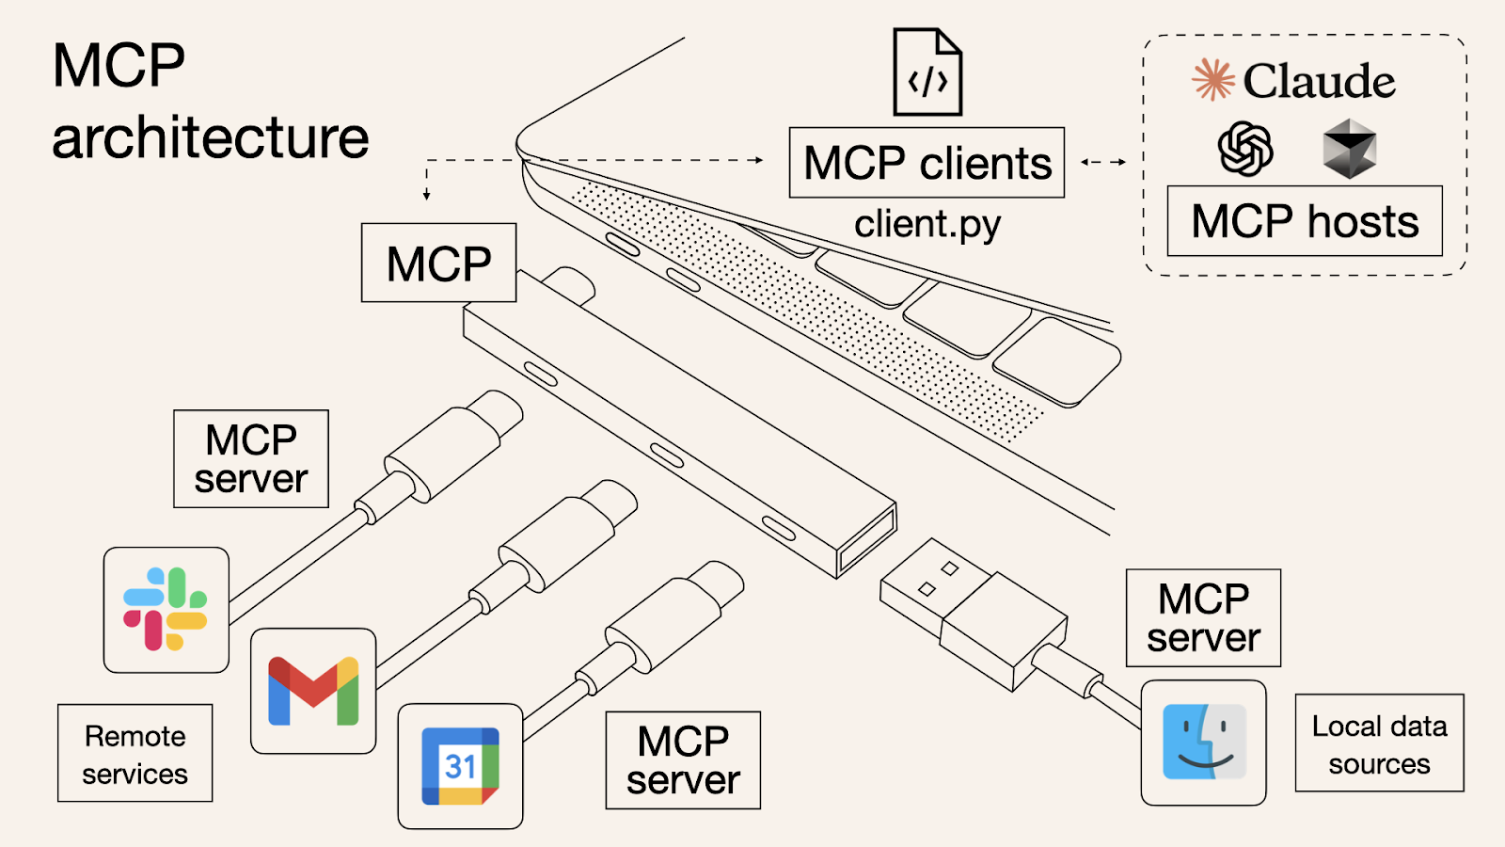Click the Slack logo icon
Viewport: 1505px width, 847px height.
pyautogui.click(x=166, y=610)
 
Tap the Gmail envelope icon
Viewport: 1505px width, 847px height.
pyautogui.click(x=313, y=692)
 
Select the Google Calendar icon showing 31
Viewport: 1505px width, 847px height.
pyautogui.click(x=460, y=766)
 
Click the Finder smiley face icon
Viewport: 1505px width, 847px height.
pyautogui.click(x=1204, y=743)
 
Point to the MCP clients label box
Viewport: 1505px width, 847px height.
pyautogui.click(x=927, y=163)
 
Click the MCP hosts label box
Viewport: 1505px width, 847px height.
pyautogui.click(x=1305, y=221)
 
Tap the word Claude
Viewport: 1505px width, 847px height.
pyautogui.click(x=1319, y=81)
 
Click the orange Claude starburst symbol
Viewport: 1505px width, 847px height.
pyautogui.click(x=1213, y=80)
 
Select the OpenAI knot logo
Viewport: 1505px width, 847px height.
pyautogui.click(x=1245, y=149)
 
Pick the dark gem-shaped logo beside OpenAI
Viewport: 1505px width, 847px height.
pyautogui.click(x=1350, y=149)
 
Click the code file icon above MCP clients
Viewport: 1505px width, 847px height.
pyautogui.click(x=927, y=72)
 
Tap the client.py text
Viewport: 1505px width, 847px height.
pyautogui.click(x=927, y=225)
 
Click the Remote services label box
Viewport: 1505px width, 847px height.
pyautogui.click(x=135, y=754)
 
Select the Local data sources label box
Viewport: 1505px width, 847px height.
pyautogui.click(x=1379, y=743)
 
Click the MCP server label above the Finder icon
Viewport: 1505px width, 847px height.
pyautogui.click(x=1203, y=618)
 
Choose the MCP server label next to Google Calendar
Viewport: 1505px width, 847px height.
pyautogui.click(x=683, y=760)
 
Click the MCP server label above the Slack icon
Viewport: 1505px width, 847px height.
pyautogui.click(x=251, y=459)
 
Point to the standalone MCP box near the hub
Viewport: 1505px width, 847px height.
pyautogui.click(x=438, y=264)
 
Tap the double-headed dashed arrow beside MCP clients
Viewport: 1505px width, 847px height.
pyautogui.click(x=1103, y=162)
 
